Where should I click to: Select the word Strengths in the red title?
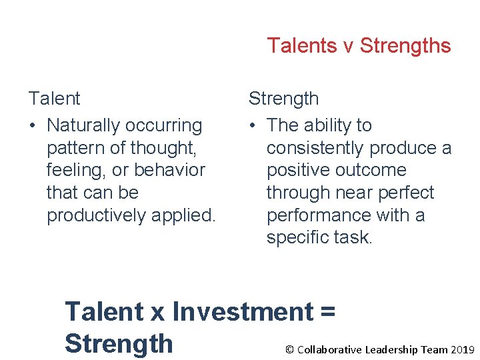coord(405,46)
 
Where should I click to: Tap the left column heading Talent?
coord(54,99)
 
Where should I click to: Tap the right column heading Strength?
coord(283,99)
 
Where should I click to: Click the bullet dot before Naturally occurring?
coord(33,126)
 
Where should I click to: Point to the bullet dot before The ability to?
coord(253,126)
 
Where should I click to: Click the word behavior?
coord(169,170)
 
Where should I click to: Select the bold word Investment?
coord(243,311)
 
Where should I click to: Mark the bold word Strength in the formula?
coord(119,343)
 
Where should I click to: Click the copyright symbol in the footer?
coord(289,349)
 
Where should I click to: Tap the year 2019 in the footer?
coord(462,349)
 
